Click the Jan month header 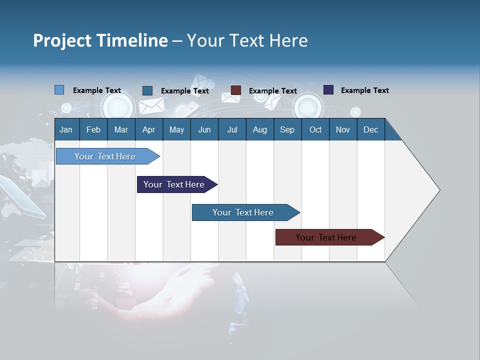click(x=66, y=129)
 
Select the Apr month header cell click(x=149, y=129)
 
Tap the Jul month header click(x=232, y=129)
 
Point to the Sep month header click(x=287, y=129)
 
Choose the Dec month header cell click(x=370, y=129)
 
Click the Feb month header click(x=93, y=129)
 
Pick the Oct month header click(x=315, y=129)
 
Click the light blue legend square click(x=59, y=90)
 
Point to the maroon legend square click(x=236, y=90)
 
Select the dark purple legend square click(x=328, y=90)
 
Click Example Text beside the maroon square click(x=273, y=91)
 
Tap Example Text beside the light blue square click(x=97, y=90)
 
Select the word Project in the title click(x=62, y=40)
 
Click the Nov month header click(x=343, y=129)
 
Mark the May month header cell click(x=176, y=129)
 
